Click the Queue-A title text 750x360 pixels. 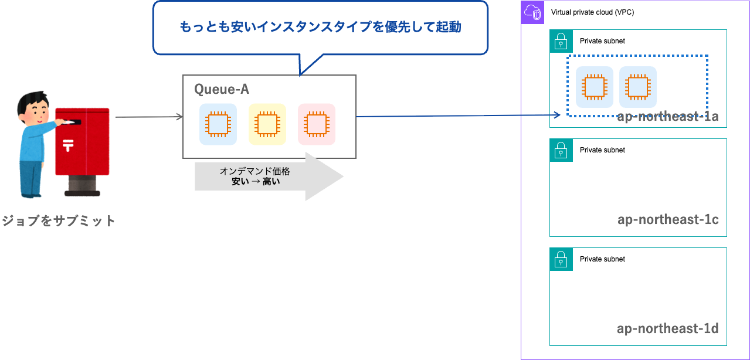point(222,89)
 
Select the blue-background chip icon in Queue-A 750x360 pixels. point(218,124)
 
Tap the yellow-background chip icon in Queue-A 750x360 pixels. point(267,124)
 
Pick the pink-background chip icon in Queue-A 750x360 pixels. point(317,124)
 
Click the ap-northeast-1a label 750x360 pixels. point(668,116)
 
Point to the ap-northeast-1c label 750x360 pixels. point(668,220)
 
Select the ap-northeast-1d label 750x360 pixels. point(668,328)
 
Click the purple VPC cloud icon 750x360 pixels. point(532,12)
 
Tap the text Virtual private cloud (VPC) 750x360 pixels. point(592,12)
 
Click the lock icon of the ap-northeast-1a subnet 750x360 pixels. point(561,41)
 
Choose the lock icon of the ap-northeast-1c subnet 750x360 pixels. point(561,150)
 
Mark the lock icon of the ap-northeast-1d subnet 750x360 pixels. point(561,259)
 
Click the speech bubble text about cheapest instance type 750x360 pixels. point(320,27)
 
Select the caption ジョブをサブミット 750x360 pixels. point(58,221)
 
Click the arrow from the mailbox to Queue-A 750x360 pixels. point(150,117)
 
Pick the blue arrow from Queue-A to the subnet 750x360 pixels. point(457,116)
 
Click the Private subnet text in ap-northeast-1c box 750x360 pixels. point(602,150)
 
